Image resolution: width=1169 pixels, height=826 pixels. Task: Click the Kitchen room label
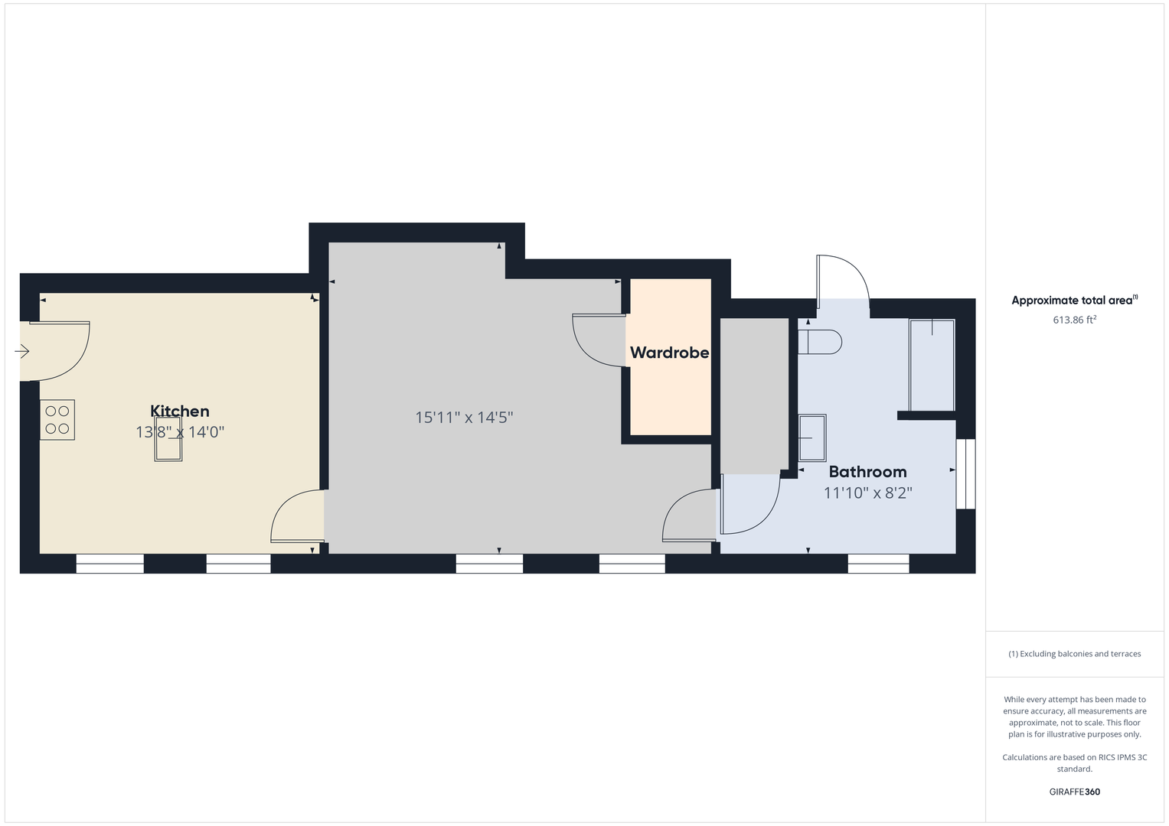180,411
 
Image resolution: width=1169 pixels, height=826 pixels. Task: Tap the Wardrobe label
670,353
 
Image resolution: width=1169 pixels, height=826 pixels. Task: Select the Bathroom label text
868,471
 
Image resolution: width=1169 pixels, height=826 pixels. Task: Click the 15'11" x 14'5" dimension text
464,417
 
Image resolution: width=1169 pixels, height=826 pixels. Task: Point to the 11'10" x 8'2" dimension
868,493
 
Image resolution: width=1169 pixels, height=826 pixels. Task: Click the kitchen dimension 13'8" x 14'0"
180,432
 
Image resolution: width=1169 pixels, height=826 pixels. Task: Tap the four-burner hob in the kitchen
57,420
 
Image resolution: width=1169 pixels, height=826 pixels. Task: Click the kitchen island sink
168,439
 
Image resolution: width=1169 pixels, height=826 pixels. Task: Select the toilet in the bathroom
819,342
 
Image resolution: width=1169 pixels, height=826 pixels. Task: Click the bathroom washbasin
812,438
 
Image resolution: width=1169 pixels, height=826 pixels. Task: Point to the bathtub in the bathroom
932,366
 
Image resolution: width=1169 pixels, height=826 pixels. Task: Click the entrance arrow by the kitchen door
22,352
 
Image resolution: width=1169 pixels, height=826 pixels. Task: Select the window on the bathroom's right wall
966,474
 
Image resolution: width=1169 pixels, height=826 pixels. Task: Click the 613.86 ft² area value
1075,320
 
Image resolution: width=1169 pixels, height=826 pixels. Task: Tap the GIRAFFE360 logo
1075,792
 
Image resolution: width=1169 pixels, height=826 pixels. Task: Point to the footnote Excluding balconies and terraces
1075,654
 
